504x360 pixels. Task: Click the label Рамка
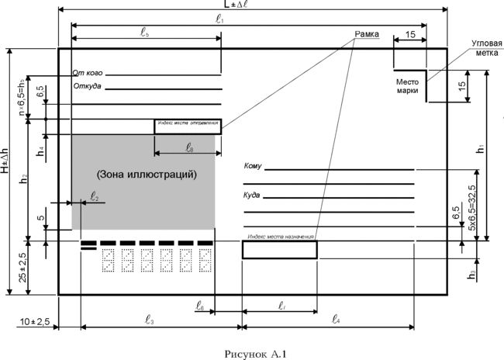[x=368, y=35]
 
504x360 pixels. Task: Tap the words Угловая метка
[x=489, y=47]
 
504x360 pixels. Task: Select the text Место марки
[x=408, y=86]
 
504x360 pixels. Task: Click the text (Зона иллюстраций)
[x=147, y=175]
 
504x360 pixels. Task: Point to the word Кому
[x=253, y=167]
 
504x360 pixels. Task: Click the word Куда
[x=252, y=196]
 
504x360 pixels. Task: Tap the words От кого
[x=88, y=73]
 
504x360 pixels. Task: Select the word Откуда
[x=88, y=86]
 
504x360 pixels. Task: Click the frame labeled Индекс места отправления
[x=188, y=124]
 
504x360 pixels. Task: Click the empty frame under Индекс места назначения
[x=279, y=250]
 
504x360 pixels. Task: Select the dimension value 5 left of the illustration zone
[x=40, y=218]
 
